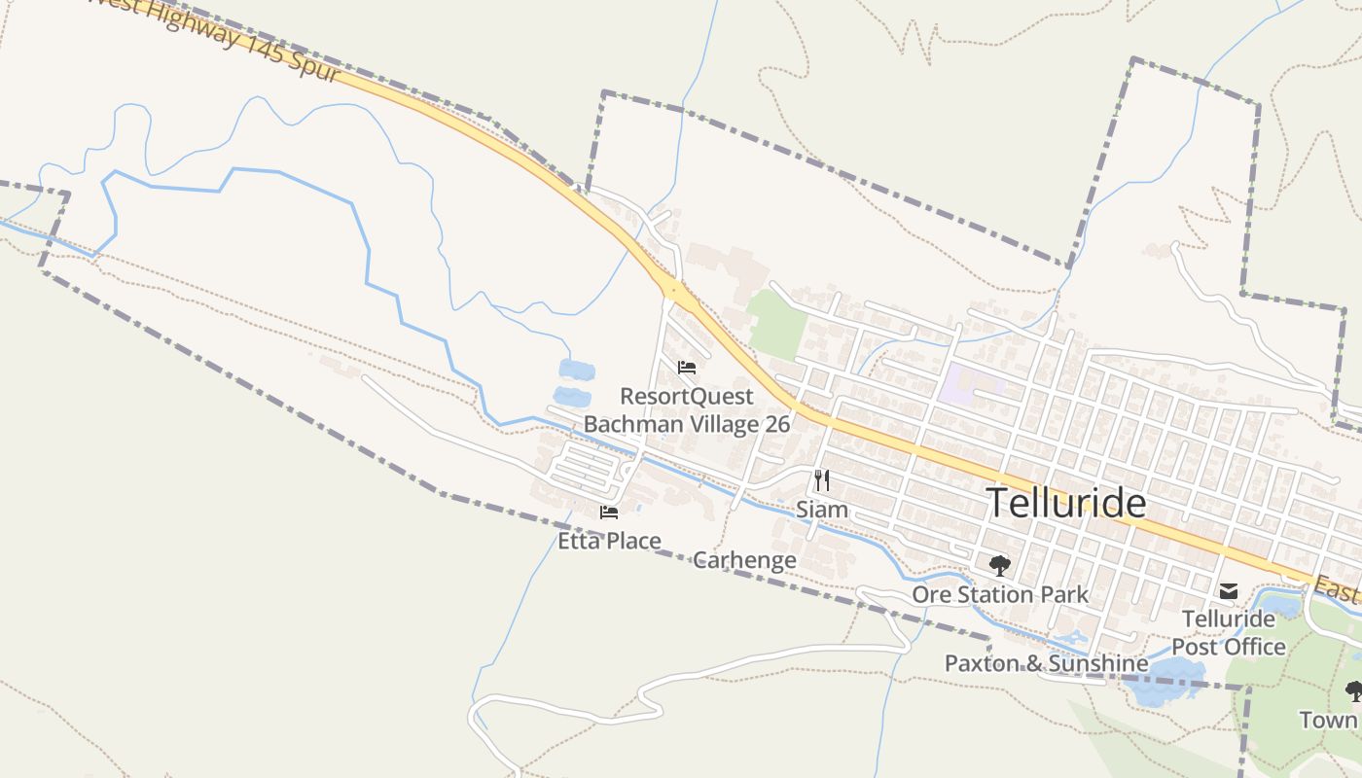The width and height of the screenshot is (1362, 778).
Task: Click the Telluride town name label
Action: pyautogui.click(x=1066, y=503)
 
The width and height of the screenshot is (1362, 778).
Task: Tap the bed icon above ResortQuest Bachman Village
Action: pyautogui.click(x=687, y=368)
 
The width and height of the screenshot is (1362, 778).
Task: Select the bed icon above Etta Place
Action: pyautogui.click(x=609, y=513)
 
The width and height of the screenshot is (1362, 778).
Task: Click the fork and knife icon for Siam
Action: pyautogui.click(x=822, y=479)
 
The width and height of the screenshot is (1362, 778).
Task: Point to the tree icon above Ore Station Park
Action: pyautogui.click(x=999, y=565)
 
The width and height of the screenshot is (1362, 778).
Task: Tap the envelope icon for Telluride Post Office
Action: pyautogui.click(x=1229, y=590)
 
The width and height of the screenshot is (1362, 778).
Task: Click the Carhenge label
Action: pyautogui.click(x=744, y=560)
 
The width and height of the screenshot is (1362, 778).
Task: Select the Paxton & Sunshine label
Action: pyautogui.click(x=1046, y=663)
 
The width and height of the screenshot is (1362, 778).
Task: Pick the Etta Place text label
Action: pyautogui.click(x=609, y=541)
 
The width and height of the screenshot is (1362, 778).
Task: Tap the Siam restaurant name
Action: pyautogui.click(x=822, y=509)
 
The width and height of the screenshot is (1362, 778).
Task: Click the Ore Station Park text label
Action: pyautogui.click(x=1000, y=593)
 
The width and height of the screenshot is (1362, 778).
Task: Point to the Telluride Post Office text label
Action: pyautogui.click(x=1229, y=632)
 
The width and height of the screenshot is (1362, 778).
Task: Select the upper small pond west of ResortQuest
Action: pyautogui.click(x=576, y=370)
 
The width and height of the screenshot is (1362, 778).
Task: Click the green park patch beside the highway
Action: pyautogui.click(x=777, y=323)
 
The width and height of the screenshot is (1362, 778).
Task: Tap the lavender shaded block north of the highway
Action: pyautogui.click(x=971, y=384)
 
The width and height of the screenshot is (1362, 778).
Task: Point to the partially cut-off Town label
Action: pyautogui.click(x=1329, y=720)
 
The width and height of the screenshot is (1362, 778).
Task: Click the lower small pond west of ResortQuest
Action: pyautogui.click(x=571, y=397)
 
